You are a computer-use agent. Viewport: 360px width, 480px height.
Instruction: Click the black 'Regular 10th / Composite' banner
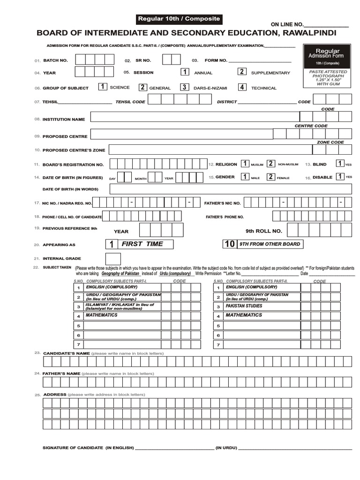coord(178,19)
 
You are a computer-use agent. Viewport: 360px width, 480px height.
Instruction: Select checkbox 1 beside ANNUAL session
coord(185,72)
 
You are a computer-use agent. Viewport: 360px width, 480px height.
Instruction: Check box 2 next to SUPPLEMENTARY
coord(241,72)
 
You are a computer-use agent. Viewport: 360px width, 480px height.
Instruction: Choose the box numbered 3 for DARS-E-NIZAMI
coord(185,87)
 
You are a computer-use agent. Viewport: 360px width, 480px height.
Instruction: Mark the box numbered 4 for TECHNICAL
coord(242,87)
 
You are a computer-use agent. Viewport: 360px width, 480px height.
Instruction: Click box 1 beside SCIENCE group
coord(102,87)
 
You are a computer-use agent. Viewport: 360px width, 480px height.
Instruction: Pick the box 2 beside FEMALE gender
coord(270,177)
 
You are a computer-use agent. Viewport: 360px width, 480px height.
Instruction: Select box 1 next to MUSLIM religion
coord(245,164)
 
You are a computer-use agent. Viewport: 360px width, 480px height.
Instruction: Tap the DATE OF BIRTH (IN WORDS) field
coord(230,189)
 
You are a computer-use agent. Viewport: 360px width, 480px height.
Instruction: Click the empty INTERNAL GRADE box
coord(113,259)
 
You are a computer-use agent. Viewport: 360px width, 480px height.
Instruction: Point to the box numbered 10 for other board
coord(230,244)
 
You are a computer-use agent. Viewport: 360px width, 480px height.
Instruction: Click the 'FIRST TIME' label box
coord(146,244)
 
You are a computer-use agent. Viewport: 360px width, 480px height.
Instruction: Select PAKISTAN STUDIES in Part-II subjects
coord(244,306)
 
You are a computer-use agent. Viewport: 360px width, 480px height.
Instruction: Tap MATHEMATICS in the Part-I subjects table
coord(101,315)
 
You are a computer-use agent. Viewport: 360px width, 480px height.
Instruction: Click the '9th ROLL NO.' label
coord(263,231)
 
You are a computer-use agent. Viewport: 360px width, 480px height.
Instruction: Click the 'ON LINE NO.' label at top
coord(287,24)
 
